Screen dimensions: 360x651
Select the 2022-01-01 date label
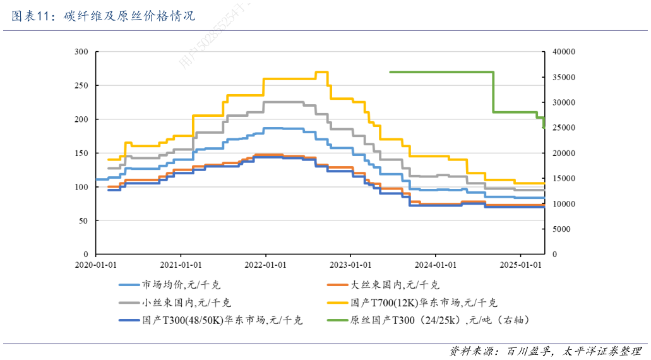coord(265,265)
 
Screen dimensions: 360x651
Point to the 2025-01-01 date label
coord(519,265)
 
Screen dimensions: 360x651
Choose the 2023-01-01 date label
coord(350,265)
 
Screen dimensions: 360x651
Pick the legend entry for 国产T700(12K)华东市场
coord(423,303)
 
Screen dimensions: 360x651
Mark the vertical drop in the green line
coord(493,92)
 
